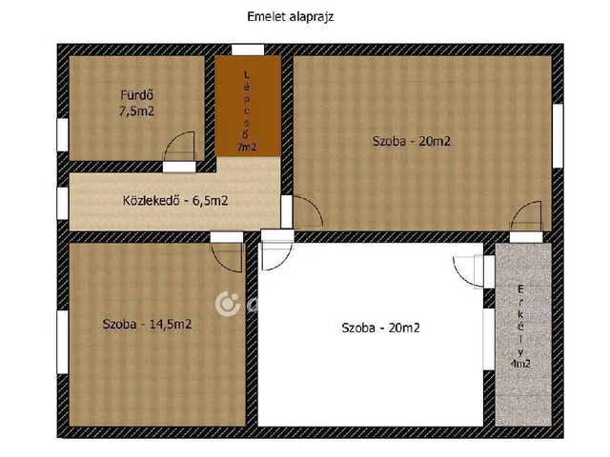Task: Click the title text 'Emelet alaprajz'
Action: point(291,17)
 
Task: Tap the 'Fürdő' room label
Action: point(136,95)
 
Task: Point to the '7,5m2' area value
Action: point(136,111)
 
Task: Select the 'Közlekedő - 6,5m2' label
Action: point(175,201)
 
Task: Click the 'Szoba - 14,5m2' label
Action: point(147,324)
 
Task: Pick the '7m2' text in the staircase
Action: point(247,148)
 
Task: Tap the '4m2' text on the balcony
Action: point(520,364)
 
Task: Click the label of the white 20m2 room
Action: point(381,328)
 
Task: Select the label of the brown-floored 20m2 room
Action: point(412,141)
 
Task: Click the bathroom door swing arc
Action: point(173,139)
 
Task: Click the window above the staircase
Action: point(248,50)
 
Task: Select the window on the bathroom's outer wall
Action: point(63,135)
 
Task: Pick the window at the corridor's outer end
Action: point(63,203)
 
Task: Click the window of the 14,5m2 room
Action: point(63,342)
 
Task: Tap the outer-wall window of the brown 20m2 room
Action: point(558,135)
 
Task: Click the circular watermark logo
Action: point(228,304)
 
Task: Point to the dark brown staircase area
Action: point(248,106)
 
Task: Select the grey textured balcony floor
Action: point(523,334)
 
